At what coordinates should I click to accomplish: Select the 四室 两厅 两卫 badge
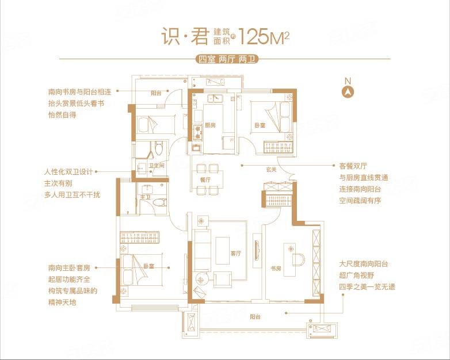(x=224, y=59)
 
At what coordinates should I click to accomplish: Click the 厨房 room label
(x=210, y=125)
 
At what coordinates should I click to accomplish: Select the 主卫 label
(x=144, y=197)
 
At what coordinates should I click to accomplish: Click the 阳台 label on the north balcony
(x=157, y=92)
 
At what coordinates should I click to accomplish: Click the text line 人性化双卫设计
(x=68, y=172)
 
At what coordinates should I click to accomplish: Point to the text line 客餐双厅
(x=353, y=166)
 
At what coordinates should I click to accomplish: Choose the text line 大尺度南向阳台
(x=364, y=264)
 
